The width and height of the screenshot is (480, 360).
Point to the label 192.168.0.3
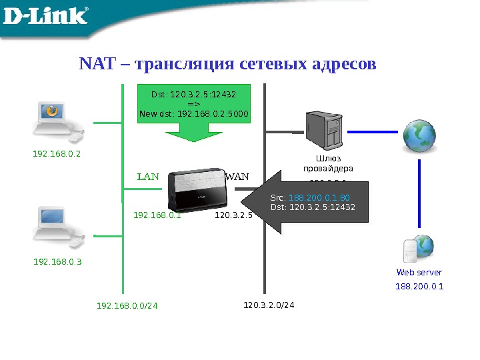pyautogui.click(x=57, y=262)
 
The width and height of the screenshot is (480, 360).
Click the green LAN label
pyautogui.click(x=148, y=177)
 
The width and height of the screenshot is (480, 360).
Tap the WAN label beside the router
pyautogui.click(x=237, y=177)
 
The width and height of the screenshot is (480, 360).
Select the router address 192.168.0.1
pyautogui.click(x=157, y=215)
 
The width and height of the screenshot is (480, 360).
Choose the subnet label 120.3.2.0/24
pyautogui.click(x=269, y=305)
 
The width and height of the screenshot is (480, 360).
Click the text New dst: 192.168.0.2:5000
pyautogui.click(x=193, y=113)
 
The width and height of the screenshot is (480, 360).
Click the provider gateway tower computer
pyautogui.click(x=324, y=131)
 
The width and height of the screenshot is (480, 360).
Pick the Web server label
pyautogui.click(x=419, y=272)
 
